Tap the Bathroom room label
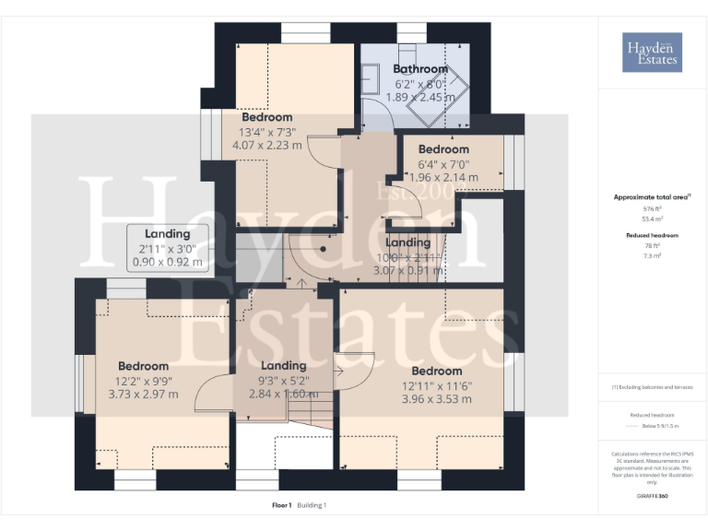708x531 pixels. [420, 69]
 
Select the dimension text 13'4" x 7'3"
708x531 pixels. [267, 131]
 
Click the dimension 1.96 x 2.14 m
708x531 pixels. [443, 177]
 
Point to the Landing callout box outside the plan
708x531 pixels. [167, 248]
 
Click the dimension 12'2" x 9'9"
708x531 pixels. [143, 381]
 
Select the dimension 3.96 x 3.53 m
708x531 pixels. [438, 399]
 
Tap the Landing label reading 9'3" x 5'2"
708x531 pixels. [283, 380]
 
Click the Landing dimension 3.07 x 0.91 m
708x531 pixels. [407, 271]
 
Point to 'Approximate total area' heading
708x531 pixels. [652, 197]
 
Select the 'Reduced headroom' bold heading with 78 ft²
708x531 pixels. [652, 236]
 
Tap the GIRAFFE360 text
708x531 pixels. [652, 496]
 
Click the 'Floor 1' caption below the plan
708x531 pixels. [282, 505]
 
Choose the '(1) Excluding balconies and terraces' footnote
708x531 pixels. [652, 387]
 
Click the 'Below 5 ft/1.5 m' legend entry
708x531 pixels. [659, 427]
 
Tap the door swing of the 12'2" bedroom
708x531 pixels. [210, 395]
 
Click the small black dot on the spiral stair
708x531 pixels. [324, 248]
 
